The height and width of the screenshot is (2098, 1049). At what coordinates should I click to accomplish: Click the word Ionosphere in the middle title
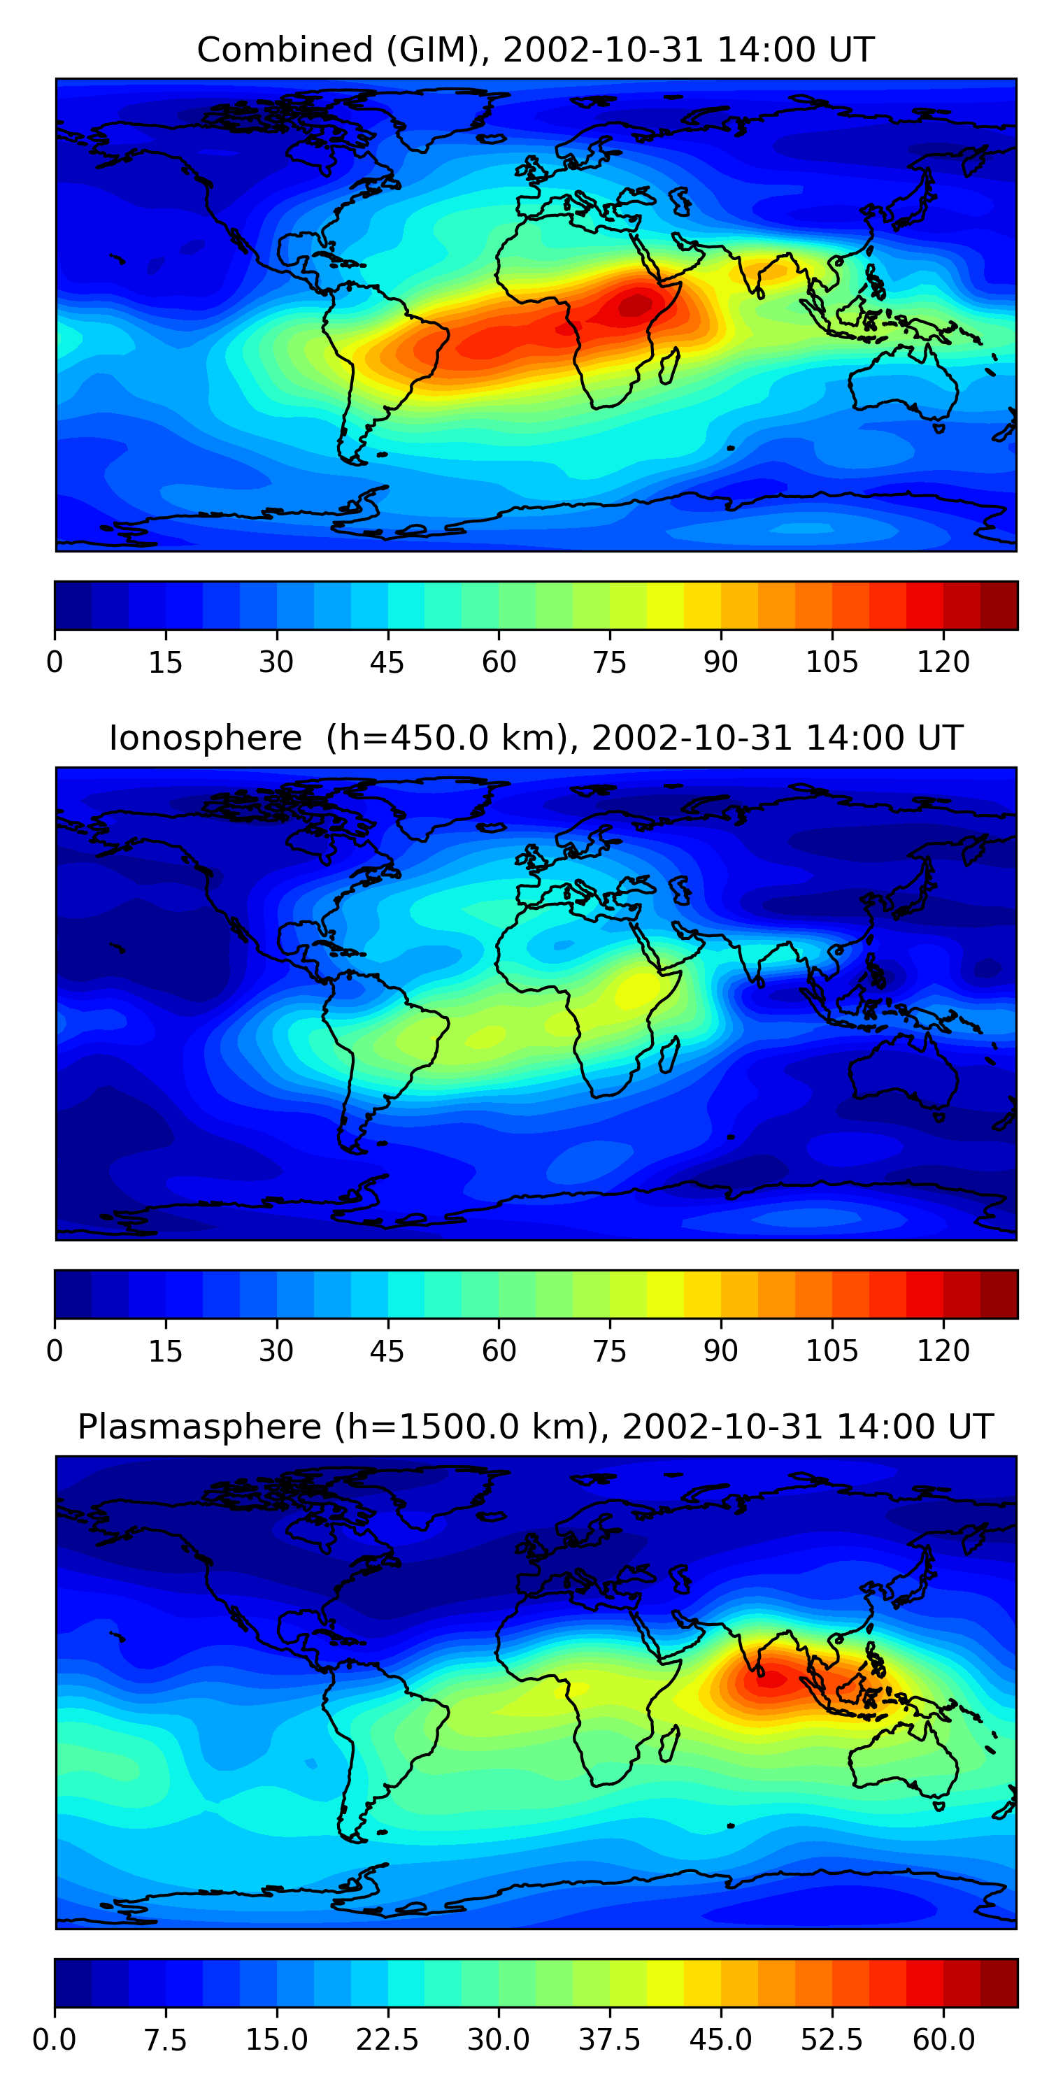click(x=205, y=738)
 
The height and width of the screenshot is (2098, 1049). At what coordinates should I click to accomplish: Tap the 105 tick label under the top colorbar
click(x=832, y=662)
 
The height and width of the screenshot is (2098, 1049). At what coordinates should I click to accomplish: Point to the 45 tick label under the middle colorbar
click(x=387, y=1351)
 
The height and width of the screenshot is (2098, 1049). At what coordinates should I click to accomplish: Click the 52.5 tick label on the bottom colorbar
click(x=832, y=2040)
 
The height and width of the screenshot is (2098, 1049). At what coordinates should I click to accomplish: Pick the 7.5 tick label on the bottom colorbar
click(x=165, y=2040)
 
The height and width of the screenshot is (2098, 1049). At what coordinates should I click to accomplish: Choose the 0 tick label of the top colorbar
click(x=55, y=662)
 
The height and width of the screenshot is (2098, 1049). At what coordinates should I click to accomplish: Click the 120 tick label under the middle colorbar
click(x=943, y=1351)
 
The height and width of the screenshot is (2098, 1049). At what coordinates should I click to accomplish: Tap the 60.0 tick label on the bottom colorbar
click(x=943, y=2040)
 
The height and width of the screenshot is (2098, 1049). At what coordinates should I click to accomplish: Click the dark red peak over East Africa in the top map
click(x=635, y=306)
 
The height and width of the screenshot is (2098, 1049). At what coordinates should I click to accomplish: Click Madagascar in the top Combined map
click(x=670, y=366)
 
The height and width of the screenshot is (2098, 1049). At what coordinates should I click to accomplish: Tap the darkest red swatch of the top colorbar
click(x=999, y=605)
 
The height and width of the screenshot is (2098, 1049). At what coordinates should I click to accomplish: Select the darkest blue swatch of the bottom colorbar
click(x=73, y=1983)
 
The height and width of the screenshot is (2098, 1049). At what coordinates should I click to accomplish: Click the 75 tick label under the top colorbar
click(x=609, y=662)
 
